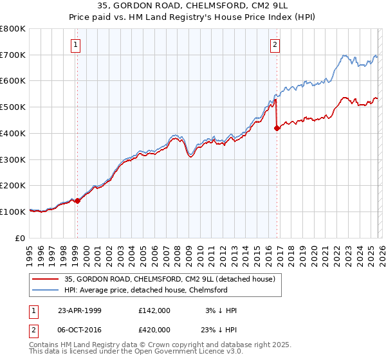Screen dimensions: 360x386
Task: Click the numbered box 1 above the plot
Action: point(77,45)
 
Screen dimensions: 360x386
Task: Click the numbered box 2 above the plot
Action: point(275,45)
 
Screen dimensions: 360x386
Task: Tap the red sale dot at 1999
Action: point(78,201)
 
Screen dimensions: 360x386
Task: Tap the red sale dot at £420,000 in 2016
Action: point(277,128)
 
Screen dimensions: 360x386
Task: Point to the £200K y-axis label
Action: point(14,186)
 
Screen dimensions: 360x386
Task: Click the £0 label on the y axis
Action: point(21,238)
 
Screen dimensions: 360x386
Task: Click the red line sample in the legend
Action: point(46,279)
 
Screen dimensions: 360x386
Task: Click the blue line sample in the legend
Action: point(46,290)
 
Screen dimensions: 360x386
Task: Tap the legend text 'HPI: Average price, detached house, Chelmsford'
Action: point(146,290)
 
